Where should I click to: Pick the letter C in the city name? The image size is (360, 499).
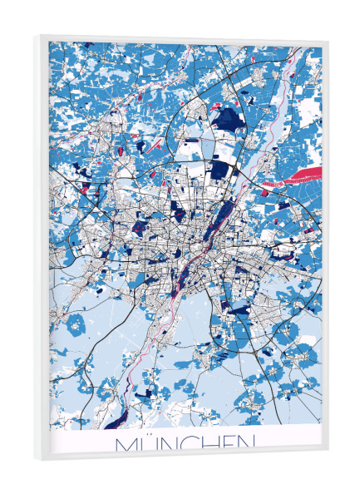click(x=190, y=444)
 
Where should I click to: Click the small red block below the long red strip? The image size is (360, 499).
click(x=265, y=193)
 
